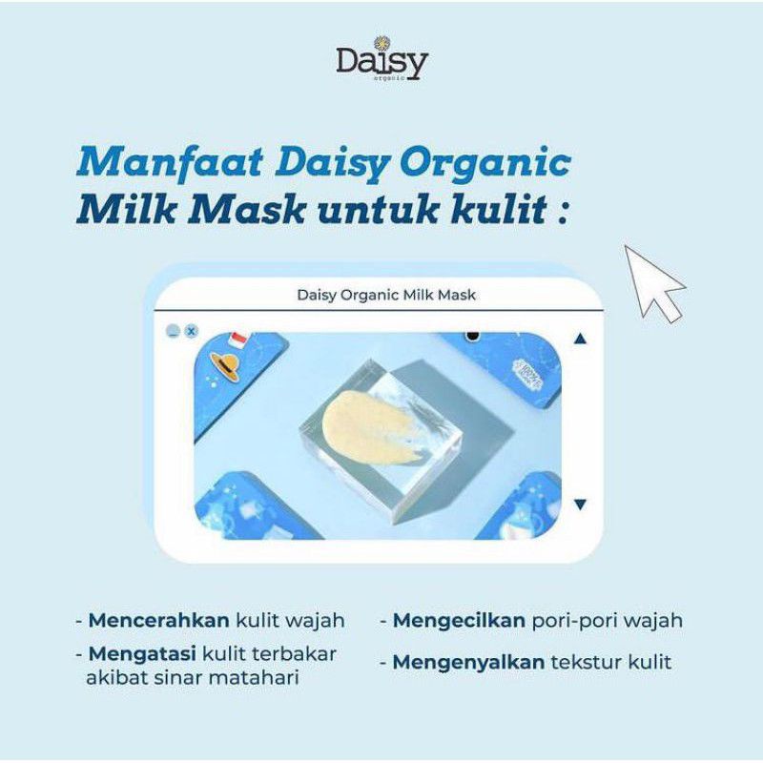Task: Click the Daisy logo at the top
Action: (381, 61)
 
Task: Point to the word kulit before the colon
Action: (504, 208)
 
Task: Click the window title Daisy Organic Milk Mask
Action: (386, 295)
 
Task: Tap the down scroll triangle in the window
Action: (581, 504)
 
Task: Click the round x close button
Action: (191, 331)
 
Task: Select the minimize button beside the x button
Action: (173, 331)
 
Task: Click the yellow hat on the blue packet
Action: (225, 365)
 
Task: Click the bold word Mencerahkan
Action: (158, 620)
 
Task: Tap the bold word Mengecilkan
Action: (460, 620)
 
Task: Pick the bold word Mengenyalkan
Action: (468, 662)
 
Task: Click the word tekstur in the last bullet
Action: (586, 662)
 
